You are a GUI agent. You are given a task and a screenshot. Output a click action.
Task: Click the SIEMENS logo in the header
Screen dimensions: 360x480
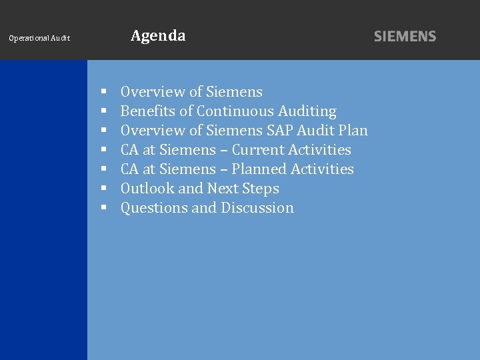405,37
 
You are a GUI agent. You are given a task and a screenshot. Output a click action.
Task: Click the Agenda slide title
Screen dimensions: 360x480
158,36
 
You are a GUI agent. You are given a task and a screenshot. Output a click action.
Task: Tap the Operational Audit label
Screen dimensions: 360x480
39,39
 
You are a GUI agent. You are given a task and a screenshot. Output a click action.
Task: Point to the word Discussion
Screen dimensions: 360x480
257,208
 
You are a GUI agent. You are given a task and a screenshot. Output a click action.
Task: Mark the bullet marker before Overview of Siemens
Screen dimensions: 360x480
104,93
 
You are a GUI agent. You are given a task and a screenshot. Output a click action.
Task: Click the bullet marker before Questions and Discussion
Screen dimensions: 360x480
104,209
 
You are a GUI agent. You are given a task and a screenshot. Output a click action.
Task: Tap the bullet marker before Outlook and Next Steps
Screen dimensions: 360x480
104,189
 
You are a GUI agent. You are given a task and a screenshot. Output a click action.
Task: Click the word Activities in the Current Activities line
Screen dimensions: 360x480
319,150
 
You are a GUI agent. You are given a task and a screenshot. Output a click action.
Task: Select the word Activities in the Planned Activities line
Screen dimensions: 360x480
322,169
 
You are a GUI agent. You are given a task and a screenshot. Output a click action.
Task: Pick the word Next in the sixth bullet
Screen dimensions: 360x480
225,189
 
